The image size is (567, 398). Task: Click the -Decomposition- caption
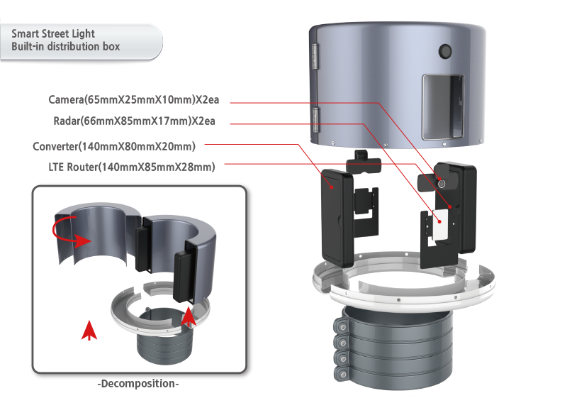[x=138, y=384]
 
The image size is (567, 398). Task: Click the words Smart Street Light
[x=53, y=33]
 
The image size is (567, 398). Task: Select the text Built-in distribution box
[x=65, y=47]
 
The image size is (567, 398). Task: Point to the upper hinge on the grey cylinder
[x=315, y=56]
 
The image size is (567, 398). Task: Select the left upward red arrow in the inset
[x=89, y=330]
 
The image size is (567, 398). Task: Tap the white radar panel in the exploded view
[x=441, y=225]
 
